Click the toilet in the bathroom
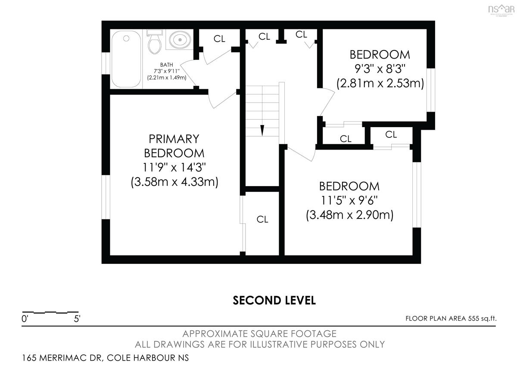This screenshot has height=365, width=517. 154,42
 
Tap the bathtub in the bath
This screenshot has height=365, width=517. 126,59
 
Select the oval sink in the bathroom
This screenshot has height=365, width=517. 180,40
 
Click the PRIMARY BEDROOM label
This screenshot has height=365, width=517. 174,146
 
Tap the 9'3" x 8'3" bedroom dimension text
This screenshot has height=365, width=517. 380,69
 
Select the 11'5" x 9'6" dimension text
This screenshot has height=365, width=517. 349,200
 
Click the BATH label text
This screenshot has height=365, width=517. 166,65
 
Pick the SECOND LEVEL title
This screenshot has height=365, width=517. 274,300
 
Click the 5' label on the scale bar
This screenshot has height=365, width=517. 77,319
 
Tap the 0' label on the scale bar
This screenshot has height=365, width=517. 25,319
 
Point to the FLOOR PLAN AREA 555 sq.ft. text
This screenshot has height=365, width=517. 451,318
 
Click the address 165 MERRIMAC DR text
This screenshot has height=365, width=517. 62,358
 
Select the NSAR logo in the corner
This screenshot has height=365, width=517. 501,10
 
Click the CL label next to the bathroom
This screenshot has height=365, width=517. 219,39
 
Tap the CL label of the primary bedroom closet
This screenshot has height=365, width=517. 262,219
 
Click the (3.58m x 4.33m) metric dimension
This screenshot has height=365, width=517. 174,182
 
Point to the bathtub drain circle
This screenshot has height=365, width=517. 126,38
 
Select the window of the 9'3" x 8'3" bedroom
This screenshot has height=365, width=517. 431,90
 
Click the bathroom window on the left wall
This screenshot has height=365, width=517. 106,63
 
